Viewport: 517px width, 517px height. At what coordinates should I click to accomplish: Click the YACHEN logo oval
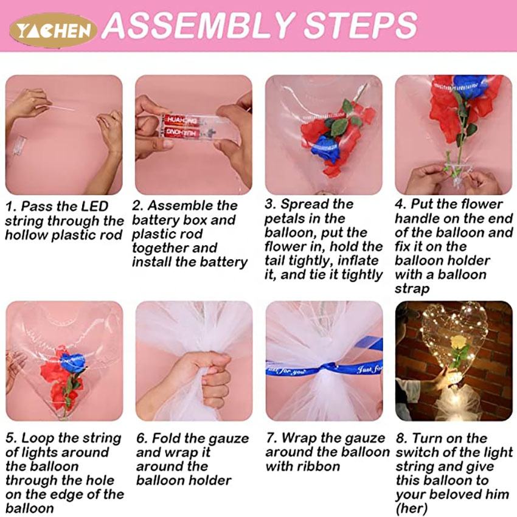coord(53,30)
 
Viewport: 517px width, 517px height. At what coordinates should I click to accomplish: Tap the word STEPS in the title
coord(361,25)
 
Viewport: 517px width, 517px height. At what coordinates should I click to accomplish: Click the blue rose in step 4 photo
coord(470,86)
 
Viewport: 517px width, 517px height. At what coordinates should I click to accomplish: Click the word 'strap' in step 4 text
coord(412,289)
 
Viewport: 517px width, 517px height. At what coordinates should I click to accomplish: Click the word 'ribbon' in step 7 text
coord(319,467)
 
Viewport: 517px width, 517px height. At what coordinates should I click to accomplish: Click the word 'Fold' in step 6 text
coord(166,439)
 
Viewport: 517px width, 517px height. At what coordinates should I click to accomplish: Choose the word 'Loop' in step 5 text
coord(38,439)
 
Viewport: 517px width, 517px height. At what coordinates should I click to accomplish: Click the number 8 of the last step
coord(400,439)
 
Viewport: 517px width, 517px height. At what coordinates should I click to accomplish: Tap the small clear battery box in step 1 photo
coord(19,145)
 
